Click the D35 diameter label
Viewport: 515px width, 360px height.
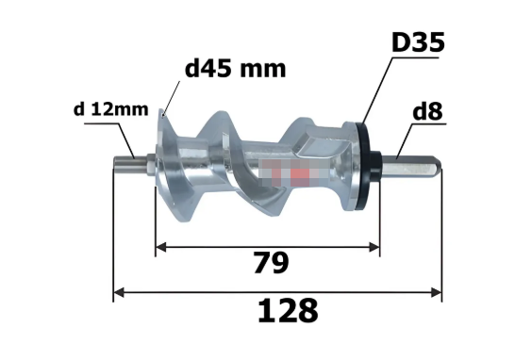(418, 42)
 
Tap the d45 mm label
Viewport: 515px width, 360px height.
(235, 69)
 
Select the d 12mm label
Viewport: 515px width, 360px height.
(110, 109)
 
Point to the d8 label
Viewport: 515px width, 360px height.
(427, 111)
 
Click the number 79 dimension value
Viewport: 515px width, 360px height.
(271, 263)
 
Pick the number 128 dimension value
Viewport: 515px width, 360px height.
(288, 311)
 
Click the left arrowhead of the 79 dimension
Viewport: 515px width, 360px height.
(160, 247)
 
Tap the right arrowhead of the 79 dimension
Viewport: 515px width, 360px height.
(374, 247)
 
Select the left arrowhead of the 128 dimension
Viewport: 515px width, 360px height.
(119, 292)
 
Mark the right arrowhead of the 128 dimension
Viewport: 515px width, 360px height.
(437, 292)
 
